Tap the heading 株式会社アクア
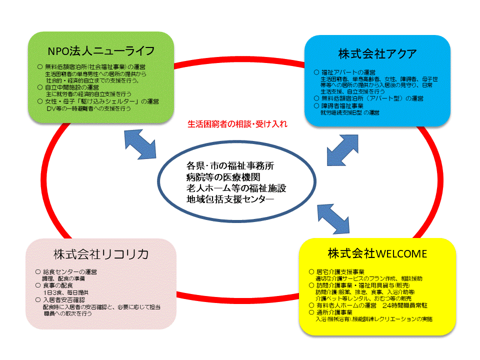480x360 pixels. point(377,53)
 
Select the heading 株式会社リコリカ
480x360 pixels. point(101,254)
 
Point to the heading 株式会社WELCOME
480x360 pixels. point(377,253)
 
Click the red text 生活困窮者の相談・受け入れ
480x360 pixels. point(237,124)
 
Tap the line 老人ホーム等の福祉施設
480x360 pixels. point(236,188)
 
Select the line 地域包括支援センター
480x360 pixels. point(230,199)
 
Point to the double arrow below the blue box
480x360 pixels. point(343,150)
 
